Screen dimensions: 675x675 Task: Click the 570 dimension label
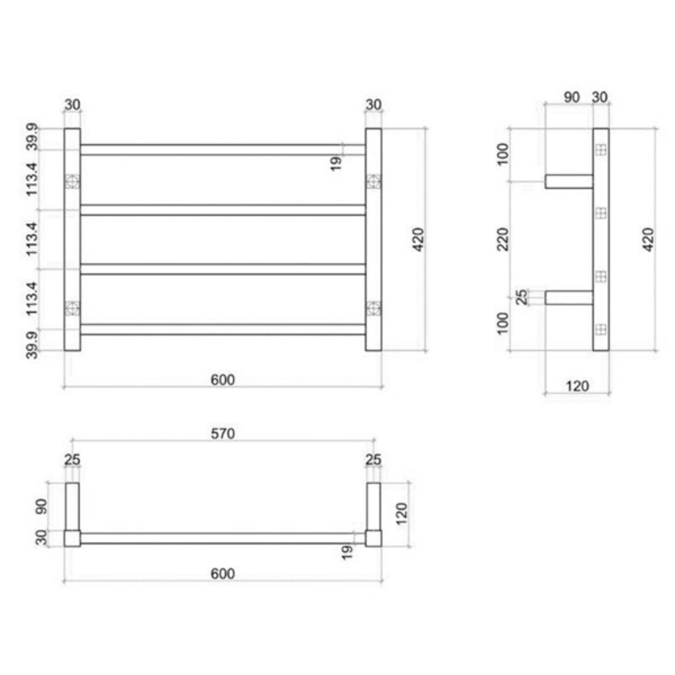(222, 433)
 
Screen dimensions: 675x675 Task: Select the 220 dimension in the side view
(503, 238)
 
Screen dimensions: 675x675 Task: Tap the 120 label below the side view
(577, 386)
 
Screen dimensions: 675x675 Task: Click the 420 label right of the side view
(649, 238)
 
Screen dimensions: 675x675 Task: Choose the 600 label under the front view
(222, 379)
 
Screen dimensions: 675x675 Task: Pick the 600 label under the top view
(222, 574)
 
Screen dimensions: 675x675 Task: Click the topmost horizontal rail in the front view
(223, 149)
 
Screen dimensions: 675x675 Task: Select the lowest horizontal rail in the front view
(223, 329)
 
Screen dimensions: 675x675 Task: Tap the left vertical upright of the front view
(72, 240)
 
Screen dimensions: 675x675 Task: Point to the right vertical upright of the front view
(373, 240)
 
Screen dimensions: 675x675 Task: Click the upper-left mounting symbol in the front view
(72, 181)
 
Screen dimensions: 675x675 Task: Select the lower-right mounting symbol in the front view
(373, 307)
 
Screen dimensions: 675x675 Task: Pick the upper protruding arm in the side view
(568, 181)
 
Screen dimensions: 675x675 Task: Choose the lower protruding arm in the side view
(568, 298)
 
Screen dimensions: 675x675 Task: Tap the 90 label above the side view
(571, 97)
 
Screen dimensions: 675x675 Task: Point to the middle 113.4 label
(33, 238)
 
